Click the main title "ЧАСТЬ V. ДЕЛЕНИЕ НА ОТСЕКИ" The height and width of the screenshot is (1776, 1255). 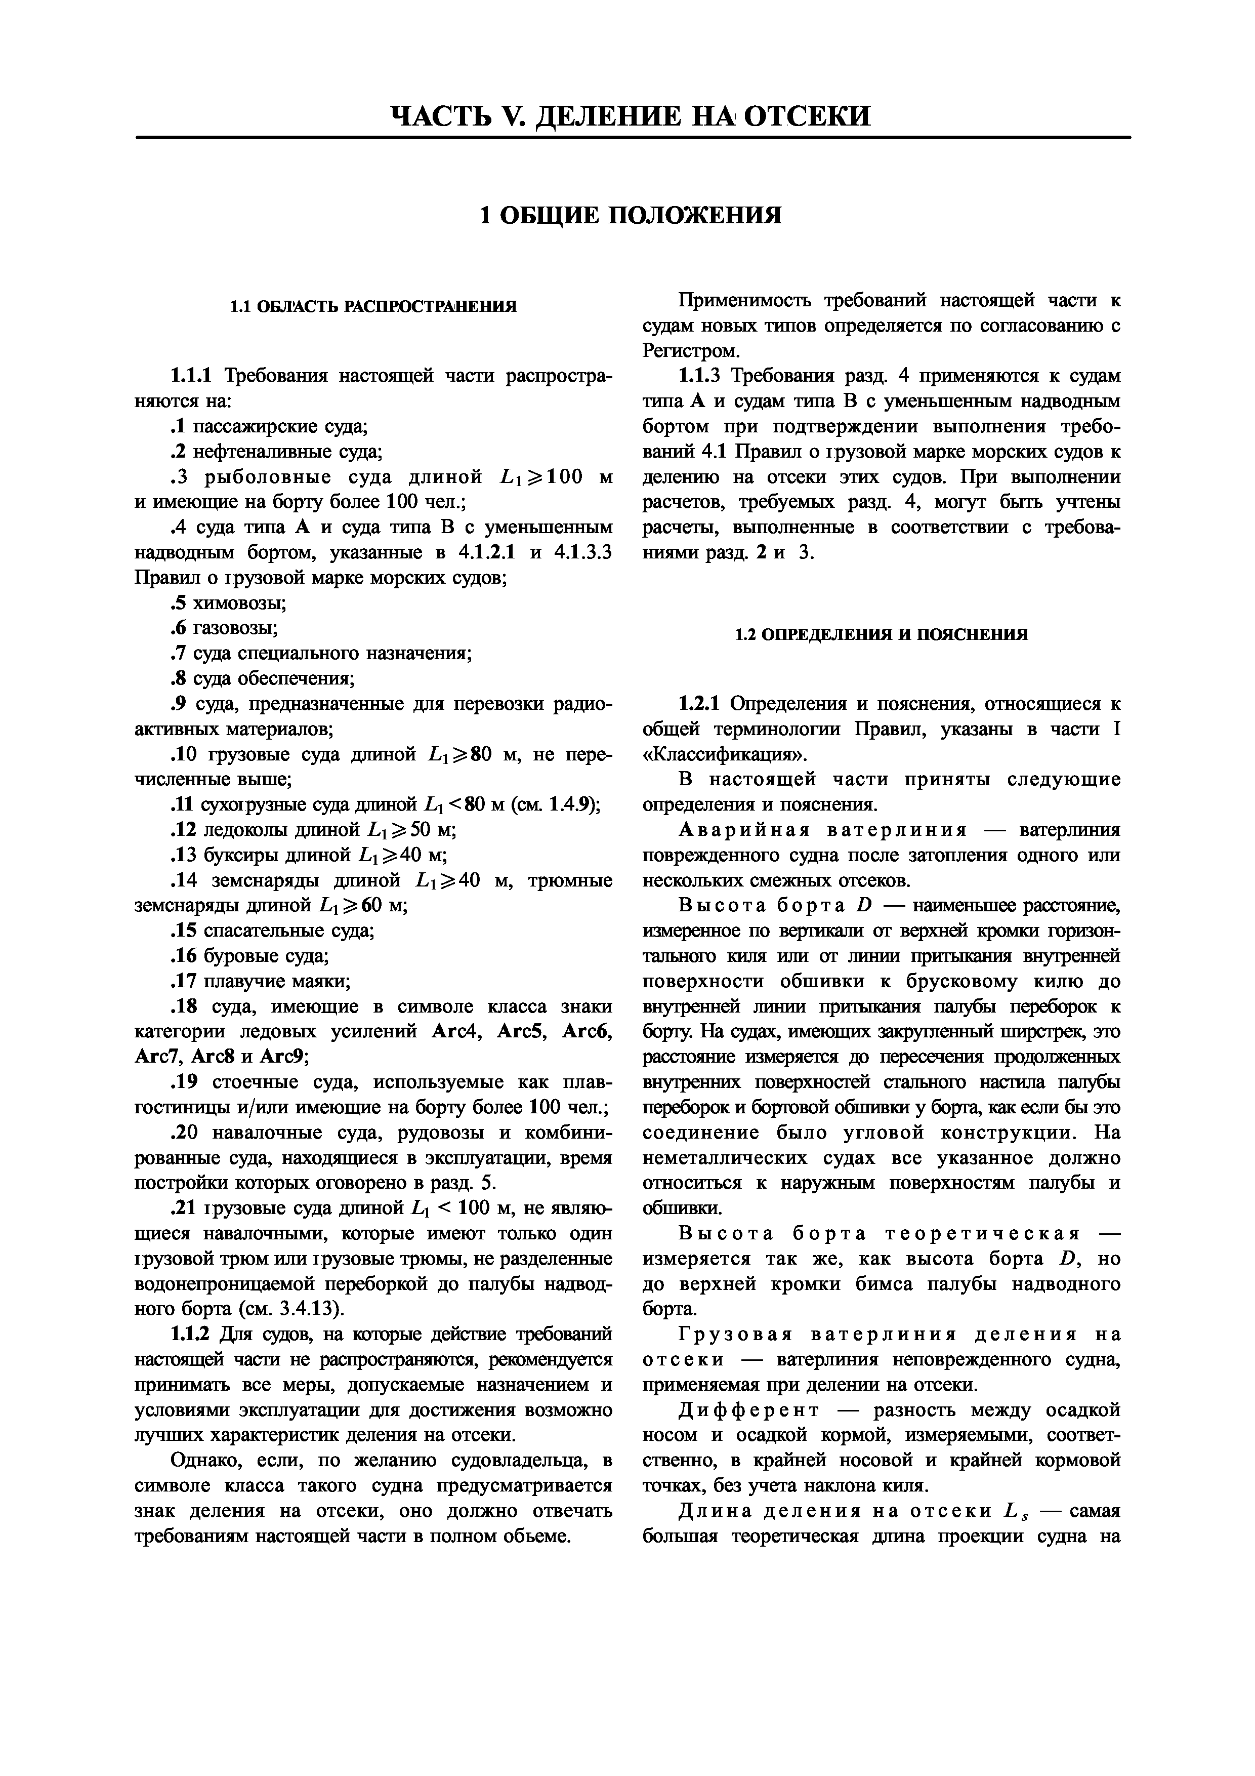click(x=630, y=116)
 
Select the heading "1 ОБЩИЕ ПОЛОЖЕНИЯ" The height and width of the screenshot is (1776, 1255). click(x=630, y=214)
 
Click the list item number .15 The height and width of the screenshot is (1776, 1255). click(x=183, y=932)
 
